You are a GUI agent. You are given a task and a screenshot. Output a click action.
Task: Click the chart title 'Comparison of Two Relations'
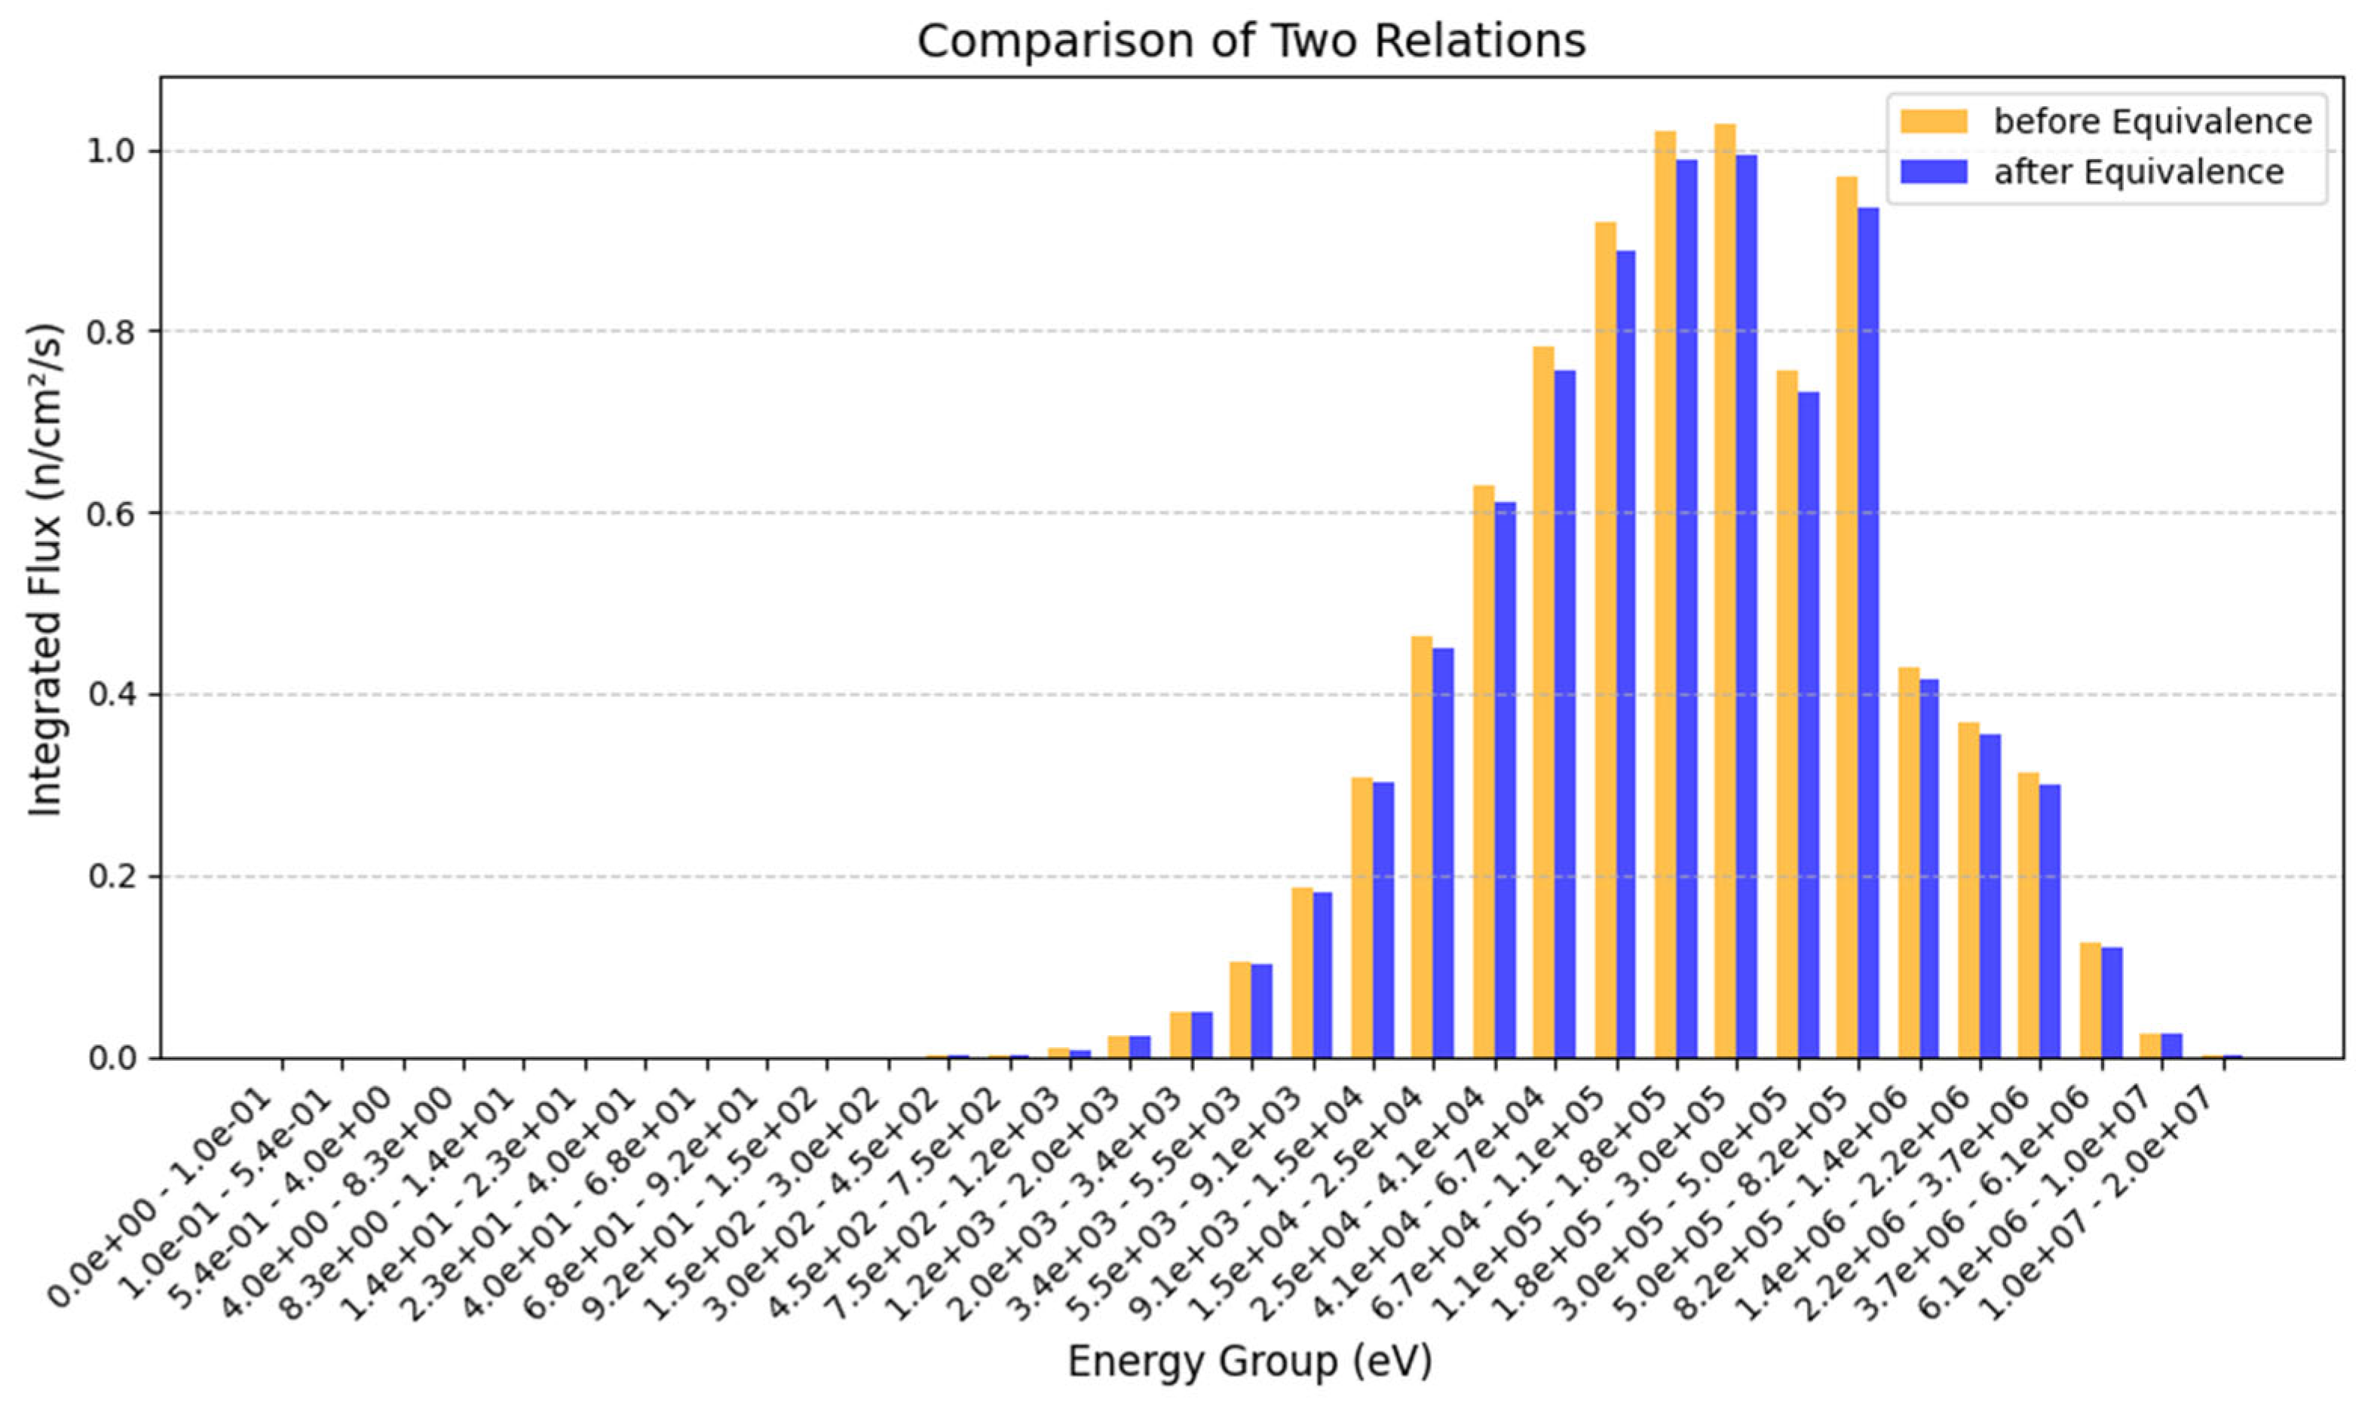pyautogui.click(x=1251, y=41)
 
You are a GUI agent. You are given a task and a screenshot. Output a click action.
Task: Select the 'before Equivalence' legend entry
pyautogui.click(x=2152, y=122)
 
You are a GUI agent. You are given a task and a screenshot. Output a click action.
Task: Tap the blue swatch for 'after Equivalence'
pyautogui.click(x=1933, y=172)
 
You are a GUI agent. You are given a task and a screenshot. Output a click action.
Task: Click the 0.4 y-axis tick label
pyautogui.click(x=111, y=695)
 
